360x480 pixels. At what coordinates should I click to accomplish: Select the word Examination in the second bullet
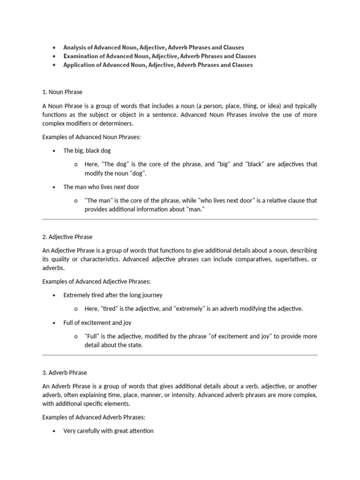82,56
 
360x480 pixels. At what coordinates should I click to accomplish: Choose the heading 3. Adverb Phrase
65,373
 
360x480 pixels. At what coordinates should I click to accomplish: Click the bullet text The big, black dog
87,151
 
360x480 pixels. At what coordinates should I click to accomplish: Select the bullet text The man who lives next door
101,187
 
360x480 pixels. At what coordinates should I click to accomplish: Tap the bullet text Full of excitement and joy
98,323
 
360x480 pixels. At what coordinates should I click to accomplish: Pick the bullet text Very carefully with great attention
108,431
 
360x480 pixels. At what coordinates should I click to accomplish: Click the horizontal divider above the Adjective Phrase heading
180,219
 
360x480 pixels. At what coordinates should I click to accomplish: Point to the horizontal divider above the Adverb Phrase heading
180,355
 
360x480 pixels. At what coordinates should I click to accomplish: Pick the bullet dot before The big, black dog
55,151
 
